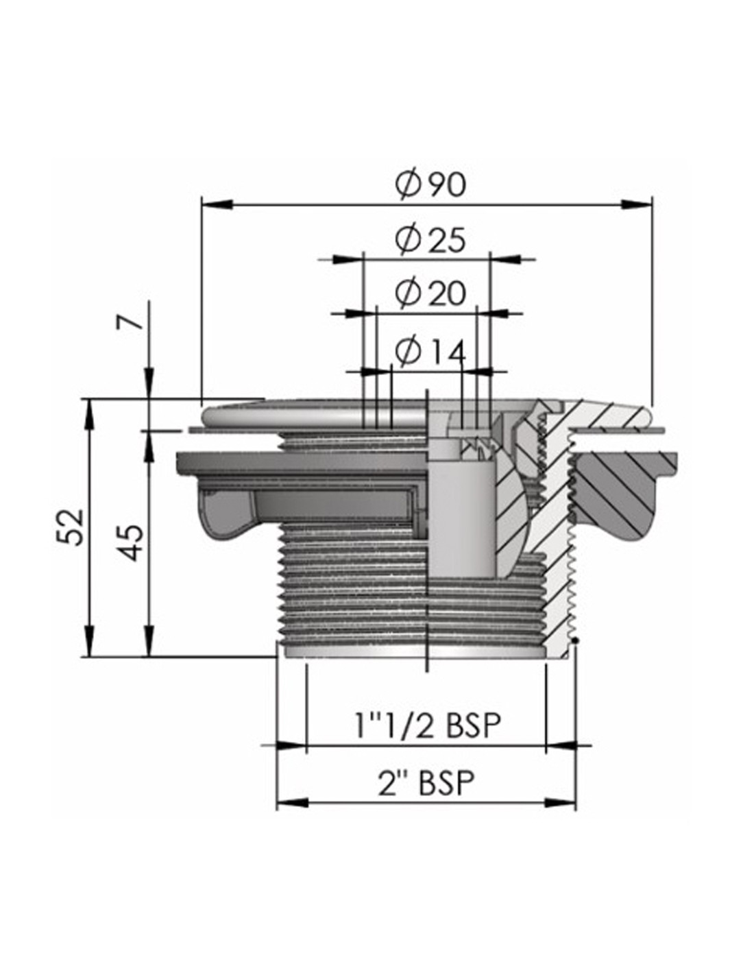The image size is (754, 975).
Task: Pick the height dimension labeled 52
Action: point(70,527)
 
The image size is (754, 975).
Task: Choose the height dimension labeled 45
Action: point(132,543)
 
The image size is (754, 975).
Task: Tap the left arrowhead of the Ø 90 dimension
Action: point(217,204)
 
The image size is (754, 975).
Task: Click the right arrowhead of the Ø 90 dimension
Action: point(635,204)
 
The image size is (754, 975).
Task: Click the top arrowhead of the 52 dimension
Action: point(90,413)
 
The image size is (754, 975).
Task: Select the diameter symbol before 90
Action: point(407,183)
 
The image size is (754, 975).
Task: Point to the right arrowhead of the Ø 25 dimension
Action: point(505,259)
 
